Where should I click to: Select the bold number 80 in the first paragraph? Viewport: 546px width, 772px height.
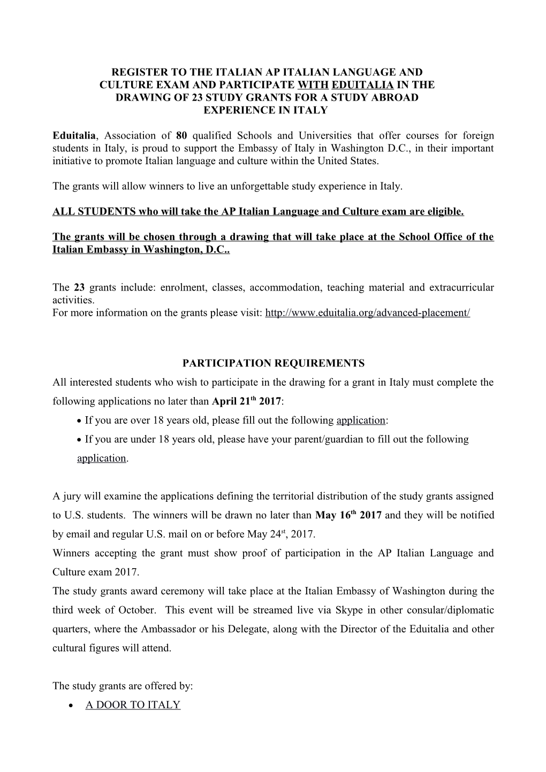181,135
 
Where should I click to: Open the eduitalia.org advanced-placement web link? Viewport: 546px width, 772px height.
367,312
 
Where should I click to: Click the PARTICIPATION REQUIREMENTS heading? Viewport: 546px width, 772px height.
273,363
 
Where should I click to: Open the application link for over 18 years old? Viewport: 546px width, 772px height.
361,420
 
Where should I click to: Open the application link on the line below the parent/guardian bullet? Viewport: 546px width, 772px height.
102,458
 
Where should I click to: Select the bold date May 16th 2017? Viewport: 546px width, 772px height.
348,515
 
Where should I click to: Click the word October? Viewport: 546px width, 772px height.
139,610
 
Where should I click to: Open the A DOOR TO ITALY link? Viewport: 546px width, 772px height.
133,705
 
